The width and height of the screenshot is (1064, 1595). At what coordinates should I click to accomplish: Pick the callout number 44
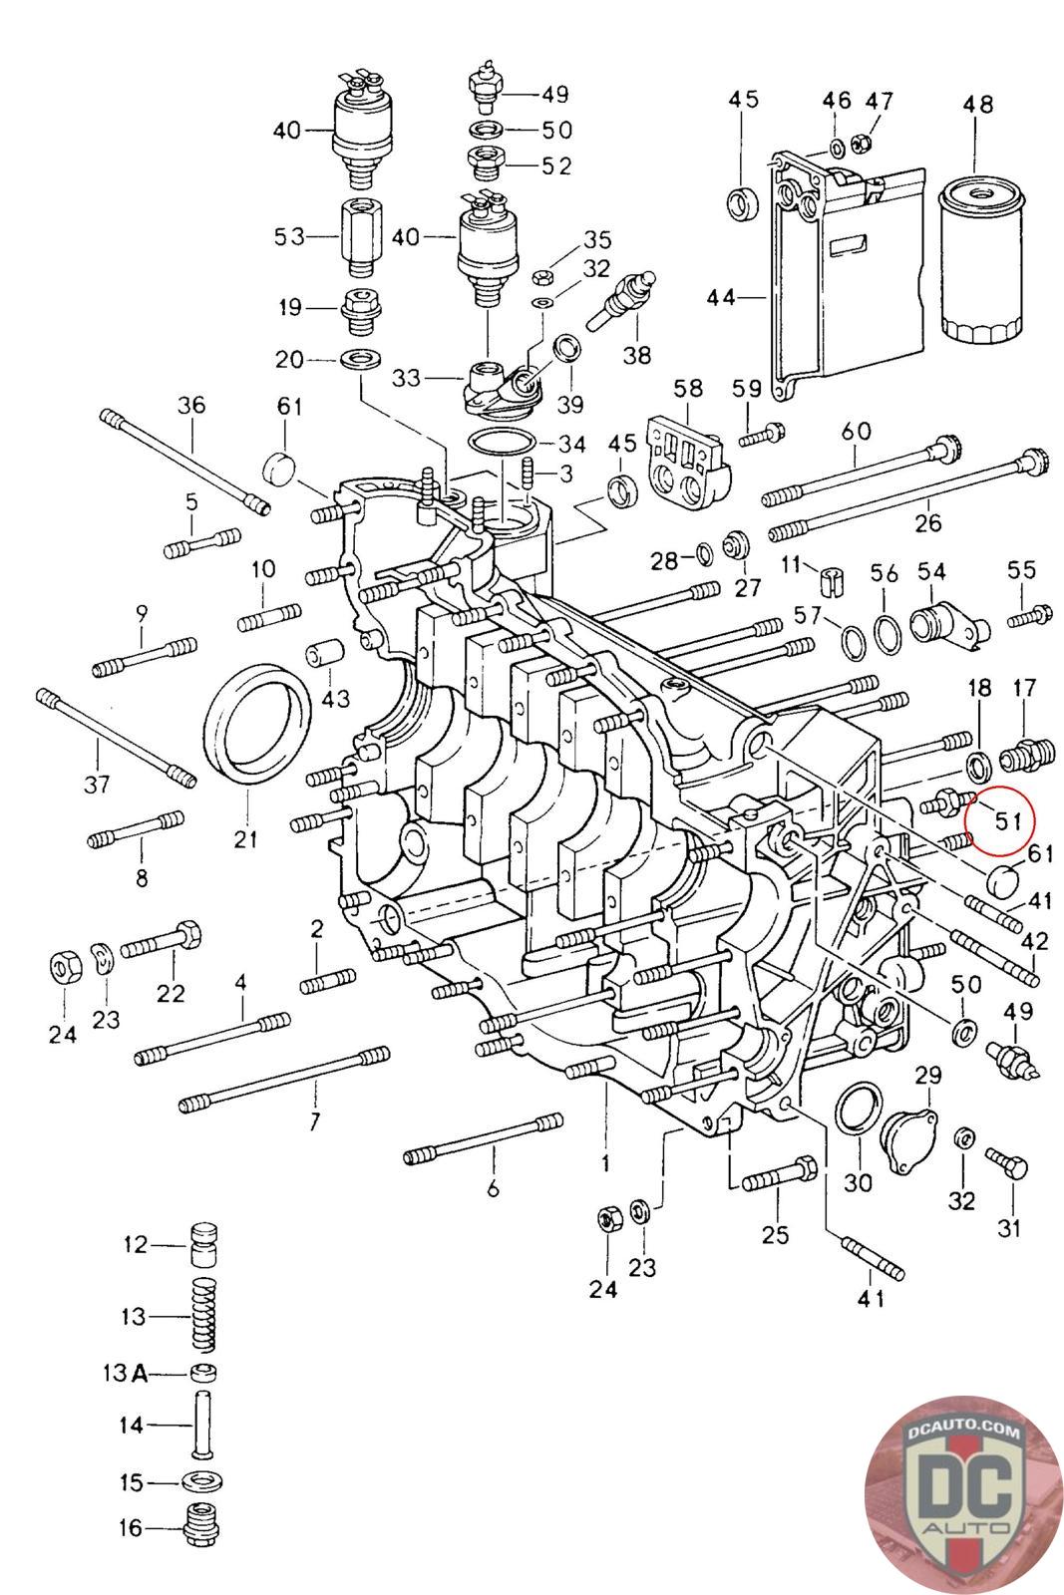tap(720, 297)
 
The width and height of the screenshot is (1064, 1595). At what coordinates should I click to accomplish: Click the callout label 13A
tap(126, 1374)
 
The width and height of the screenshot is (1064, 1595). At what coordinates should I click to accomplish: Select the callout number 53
tap(289, 237)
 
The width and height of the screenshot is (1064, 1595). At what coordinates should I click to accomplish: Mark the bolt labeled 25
tap(779, 1173)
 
